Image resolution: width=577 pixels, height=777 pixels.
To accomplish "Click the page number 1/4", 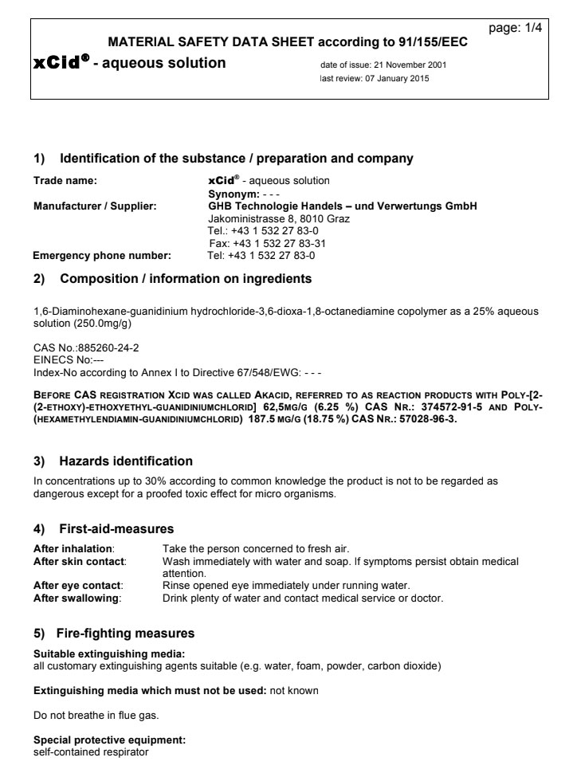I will (x=514, y=29).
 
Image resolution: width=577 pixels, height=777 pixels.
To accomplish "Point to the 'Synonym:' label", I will (x=233, y=194).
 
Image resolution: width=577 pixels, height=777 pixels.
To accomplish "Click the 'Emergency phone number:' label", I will (x=102, y=256).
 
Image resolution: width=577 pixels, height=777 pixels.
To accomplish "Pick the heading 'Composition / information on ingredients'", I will (x=186, y=279).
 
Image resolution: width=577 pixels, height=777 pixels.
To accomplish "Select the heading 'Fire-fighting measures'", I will (x=125, y=634).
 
